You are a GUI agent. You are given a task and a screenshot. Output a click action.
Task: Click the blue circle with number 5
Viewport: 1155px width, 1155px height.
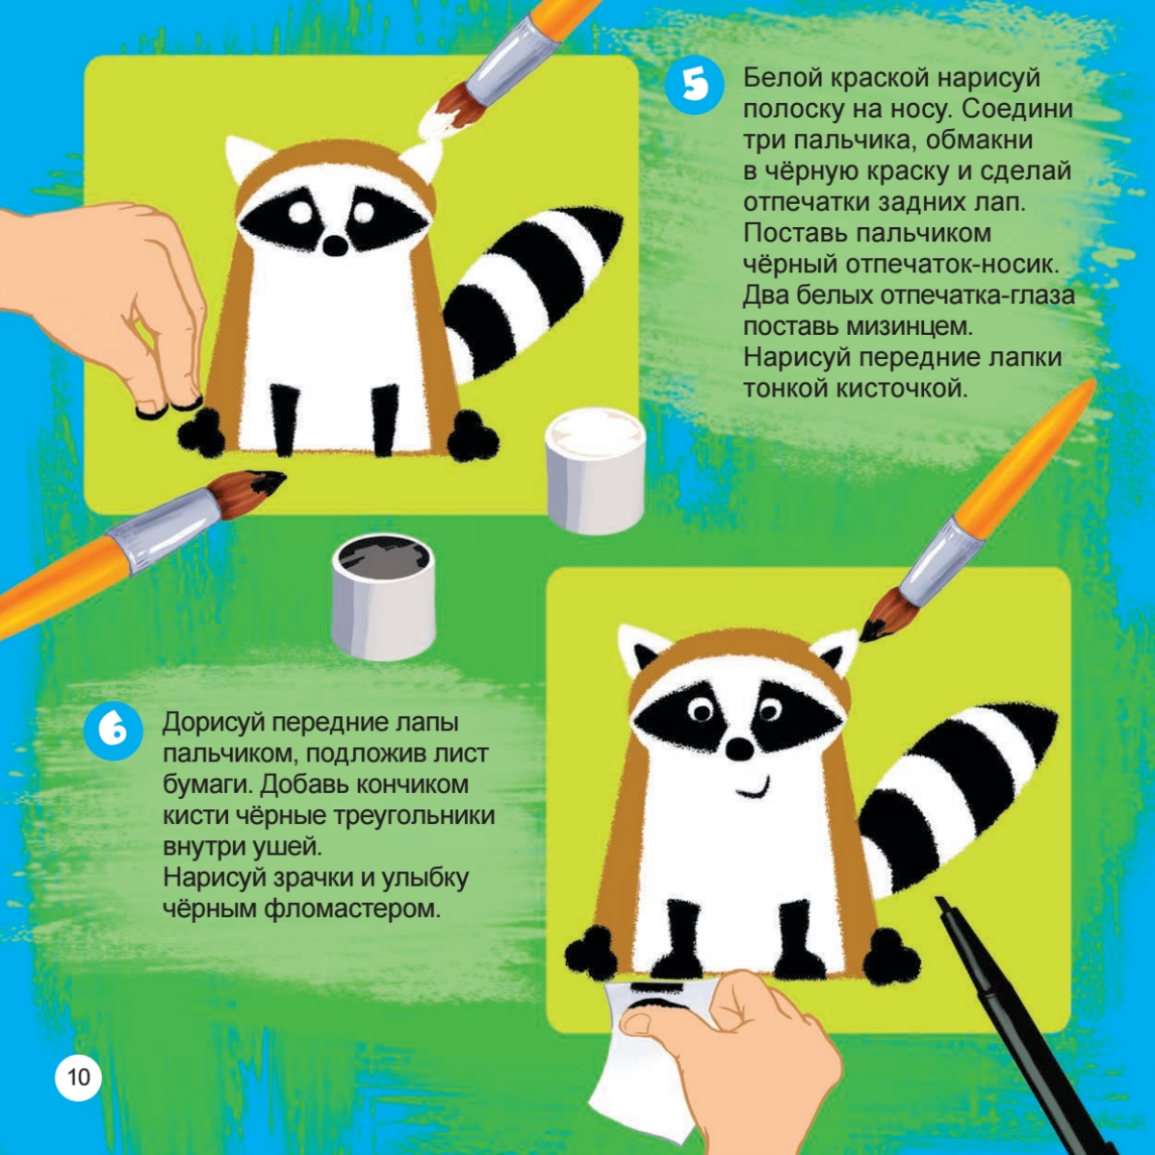coord(695,85)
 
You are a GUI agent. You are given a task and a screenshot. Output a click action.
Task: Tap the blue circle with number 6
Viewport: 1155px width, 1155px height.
coord(114,731)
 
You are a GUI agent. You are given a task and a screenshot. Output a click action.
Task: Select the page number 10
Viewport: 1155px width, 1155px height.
coord(79,1077)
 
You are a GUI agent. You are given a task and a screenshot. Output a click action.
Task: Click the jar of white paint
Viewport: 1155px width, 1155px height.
coord(595,470)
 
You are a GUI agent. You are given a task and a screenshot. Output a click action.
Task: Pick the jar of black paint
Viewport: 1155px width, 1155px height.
coord(384,597)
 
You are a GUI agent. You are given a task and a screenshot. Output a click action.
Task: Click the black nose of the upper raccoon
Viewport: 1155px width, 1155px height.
coord(334,244)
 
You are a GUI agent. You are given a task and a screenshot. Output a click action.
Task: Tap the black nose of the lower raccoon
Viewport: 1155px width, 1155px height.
coord(740,749)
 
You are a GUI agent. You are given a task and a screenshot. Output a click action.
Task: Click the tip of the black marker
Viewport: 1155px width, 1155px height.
coord(939,901)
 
